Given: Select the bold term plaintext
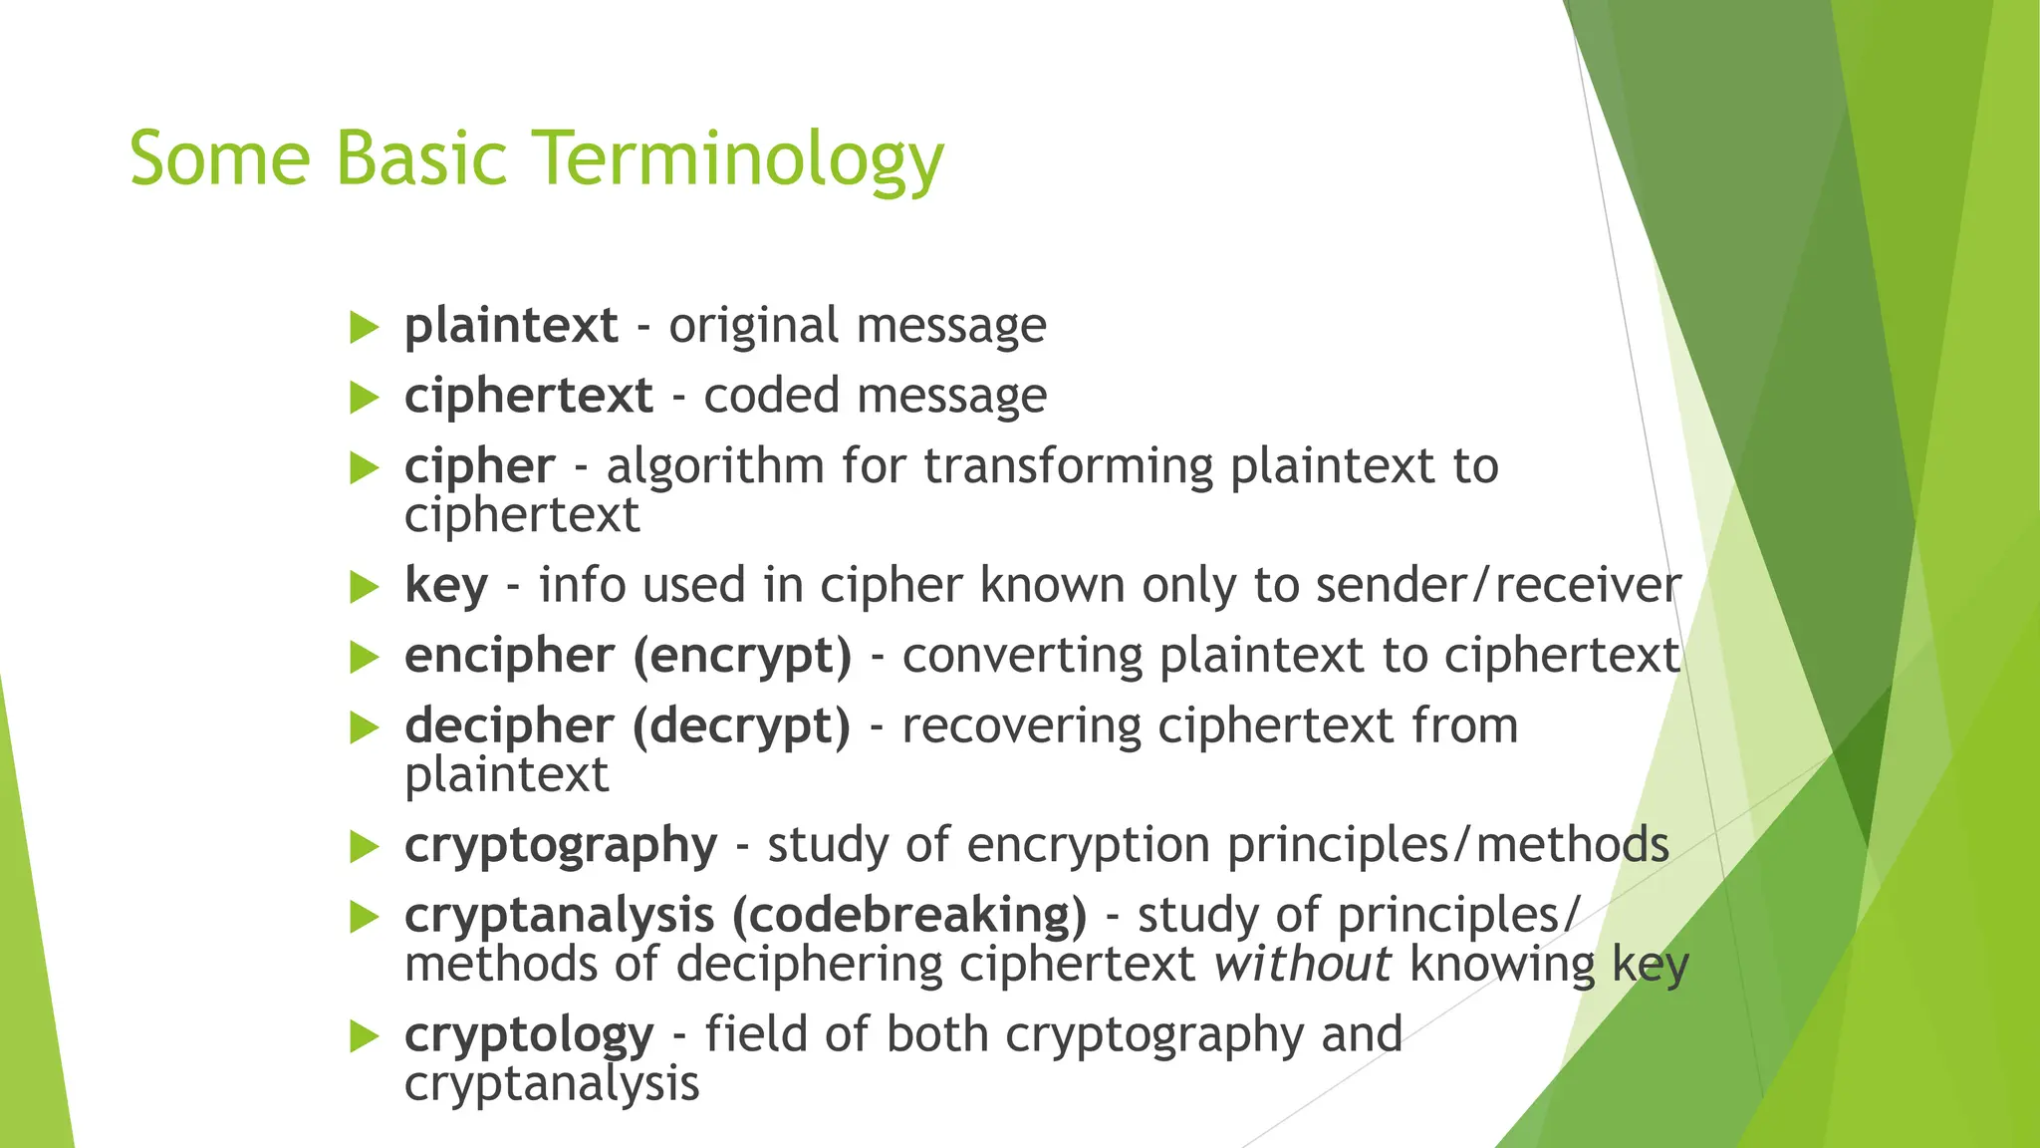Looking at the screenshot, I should pos(511,326).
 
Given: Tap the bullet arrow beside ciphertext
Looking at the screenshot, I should pos(366,399).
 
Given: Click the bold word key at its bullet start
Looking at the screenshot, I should pos(445,586).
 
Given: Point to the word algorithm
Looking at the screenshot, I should pos(714,466).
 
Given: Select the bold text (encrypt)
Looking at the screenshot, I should pos(742,657).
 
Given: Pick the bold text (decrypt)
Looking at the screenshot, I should pos(741,726).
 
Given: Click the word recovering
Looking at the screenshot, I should pos(1021,725).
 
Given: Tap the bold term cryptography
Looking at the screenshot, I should pos(560,846).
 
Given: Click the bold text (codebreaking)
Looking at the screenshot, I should pos(908,916).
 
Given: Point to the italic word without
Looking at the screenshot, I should pos(1303,965).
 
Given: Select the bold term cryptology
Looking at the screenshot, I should pos(529,1035).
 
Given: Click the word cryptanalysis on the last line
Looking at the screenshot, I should pos(552,1084).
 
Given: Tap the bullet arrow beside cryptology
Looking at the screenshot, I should pos(366,1037).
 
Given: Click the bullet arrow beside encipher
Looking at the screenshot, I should pos(366,658).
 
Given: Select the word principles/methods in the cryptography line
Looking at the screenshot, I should pos(1447,845).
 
